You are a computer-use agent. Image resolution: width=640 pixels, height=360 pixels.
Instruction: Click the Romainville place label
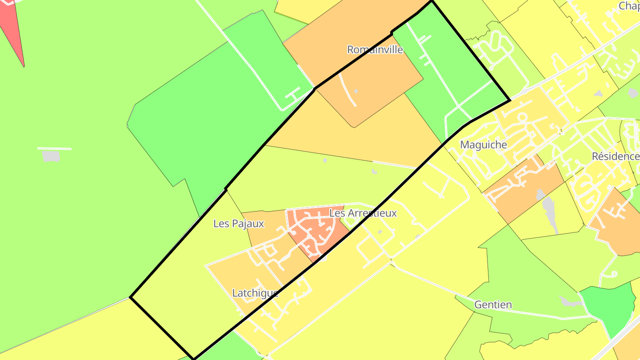(x=375, y=49)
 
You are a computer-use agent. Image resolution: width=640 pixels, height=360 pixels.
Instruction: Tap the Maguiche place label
(x=484, y=144)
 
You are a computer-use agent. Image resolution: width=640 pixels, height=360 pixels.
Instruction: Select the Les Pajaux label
(x=239, y=224)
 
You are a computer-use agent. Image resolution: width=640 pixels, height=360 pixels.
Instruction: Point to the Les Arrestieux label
(x=363, y=213)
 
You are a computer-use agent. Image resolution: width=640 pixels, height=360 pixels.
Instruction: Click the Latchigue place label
(x=256, y=293)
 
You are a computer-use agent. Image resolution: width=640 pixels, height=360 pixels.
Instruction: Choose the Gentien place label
(x=493, y=305)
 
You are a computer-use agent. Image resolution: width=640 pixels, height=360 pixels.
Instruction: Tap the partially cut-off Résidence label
(x=616, y=156)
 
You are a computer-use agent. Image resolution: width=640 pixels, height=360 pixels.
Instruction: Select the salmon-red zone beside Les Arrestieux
(x=318, y=231)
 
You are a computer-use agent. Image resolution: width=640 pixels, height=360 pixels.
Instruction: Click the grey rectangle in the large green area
(x=51, y=156)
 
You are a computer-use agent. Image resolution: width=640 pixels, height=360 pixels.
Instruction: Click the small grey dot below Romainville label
(x=356, y=91)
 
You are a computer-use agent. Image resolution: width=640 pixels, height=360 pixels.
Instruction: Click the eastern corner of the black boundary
(x=509, y=101)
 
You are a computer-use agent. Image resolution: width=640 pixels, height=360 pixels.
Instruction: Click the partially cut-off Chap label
(x=628, y=6)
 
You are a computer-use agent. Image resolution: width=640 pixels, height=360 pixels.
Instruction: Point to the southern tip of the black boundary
(x=193, y=358)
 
